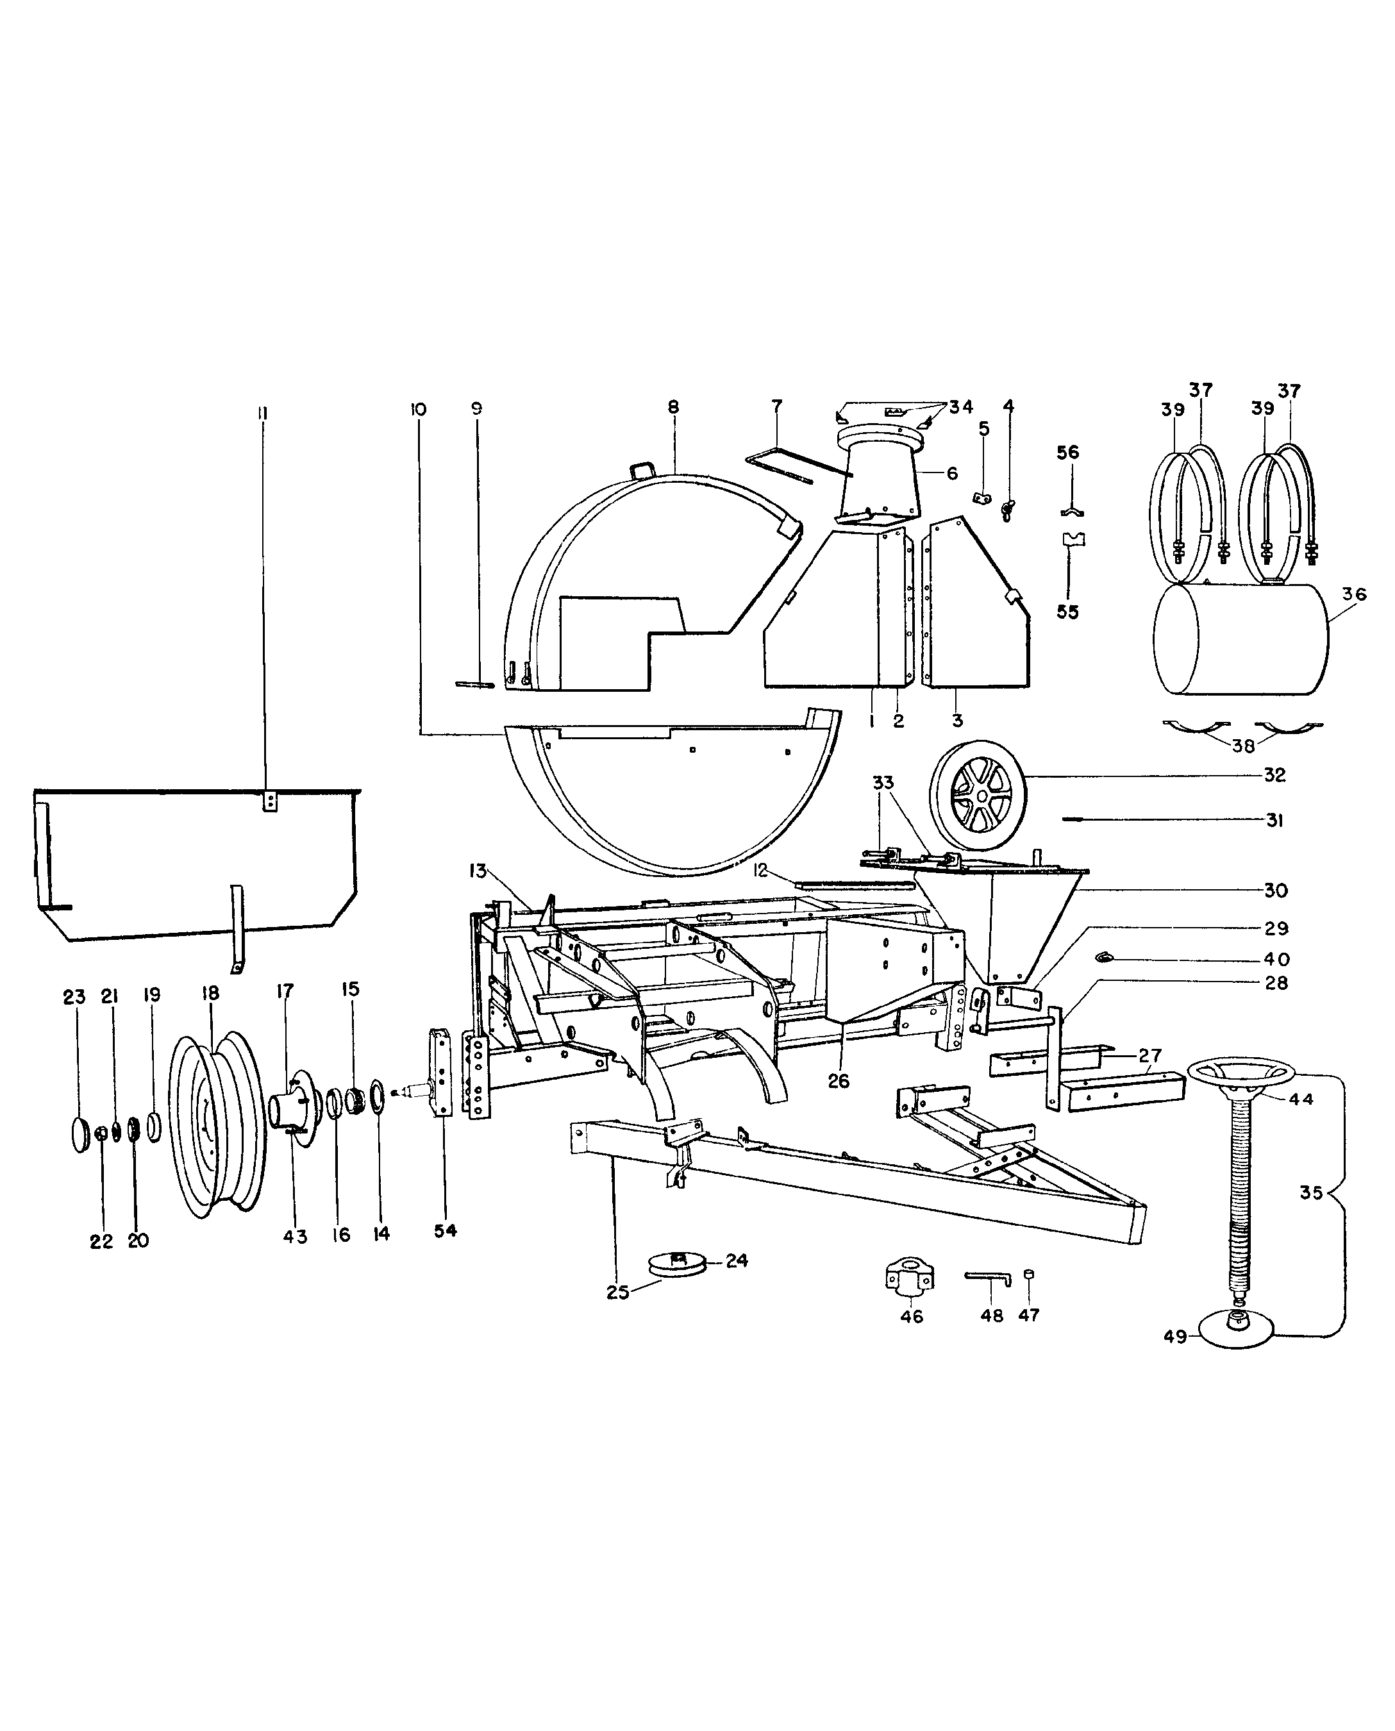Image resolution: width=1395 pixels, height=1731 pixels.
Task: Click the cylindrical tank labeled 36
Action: tap(1240, 639)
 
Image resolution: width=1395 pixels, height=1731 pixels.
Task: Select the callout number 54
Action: tap(445, 1230)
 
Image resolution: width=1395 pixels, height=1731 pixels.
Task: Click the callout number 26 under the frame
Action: tap(838, 1081)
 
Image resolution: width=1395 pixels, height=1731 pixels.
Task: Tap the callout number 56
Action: tap(1067, 453)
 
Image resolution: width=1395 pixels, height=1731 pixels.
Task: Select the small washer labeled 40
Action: tap(1106, 957)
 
